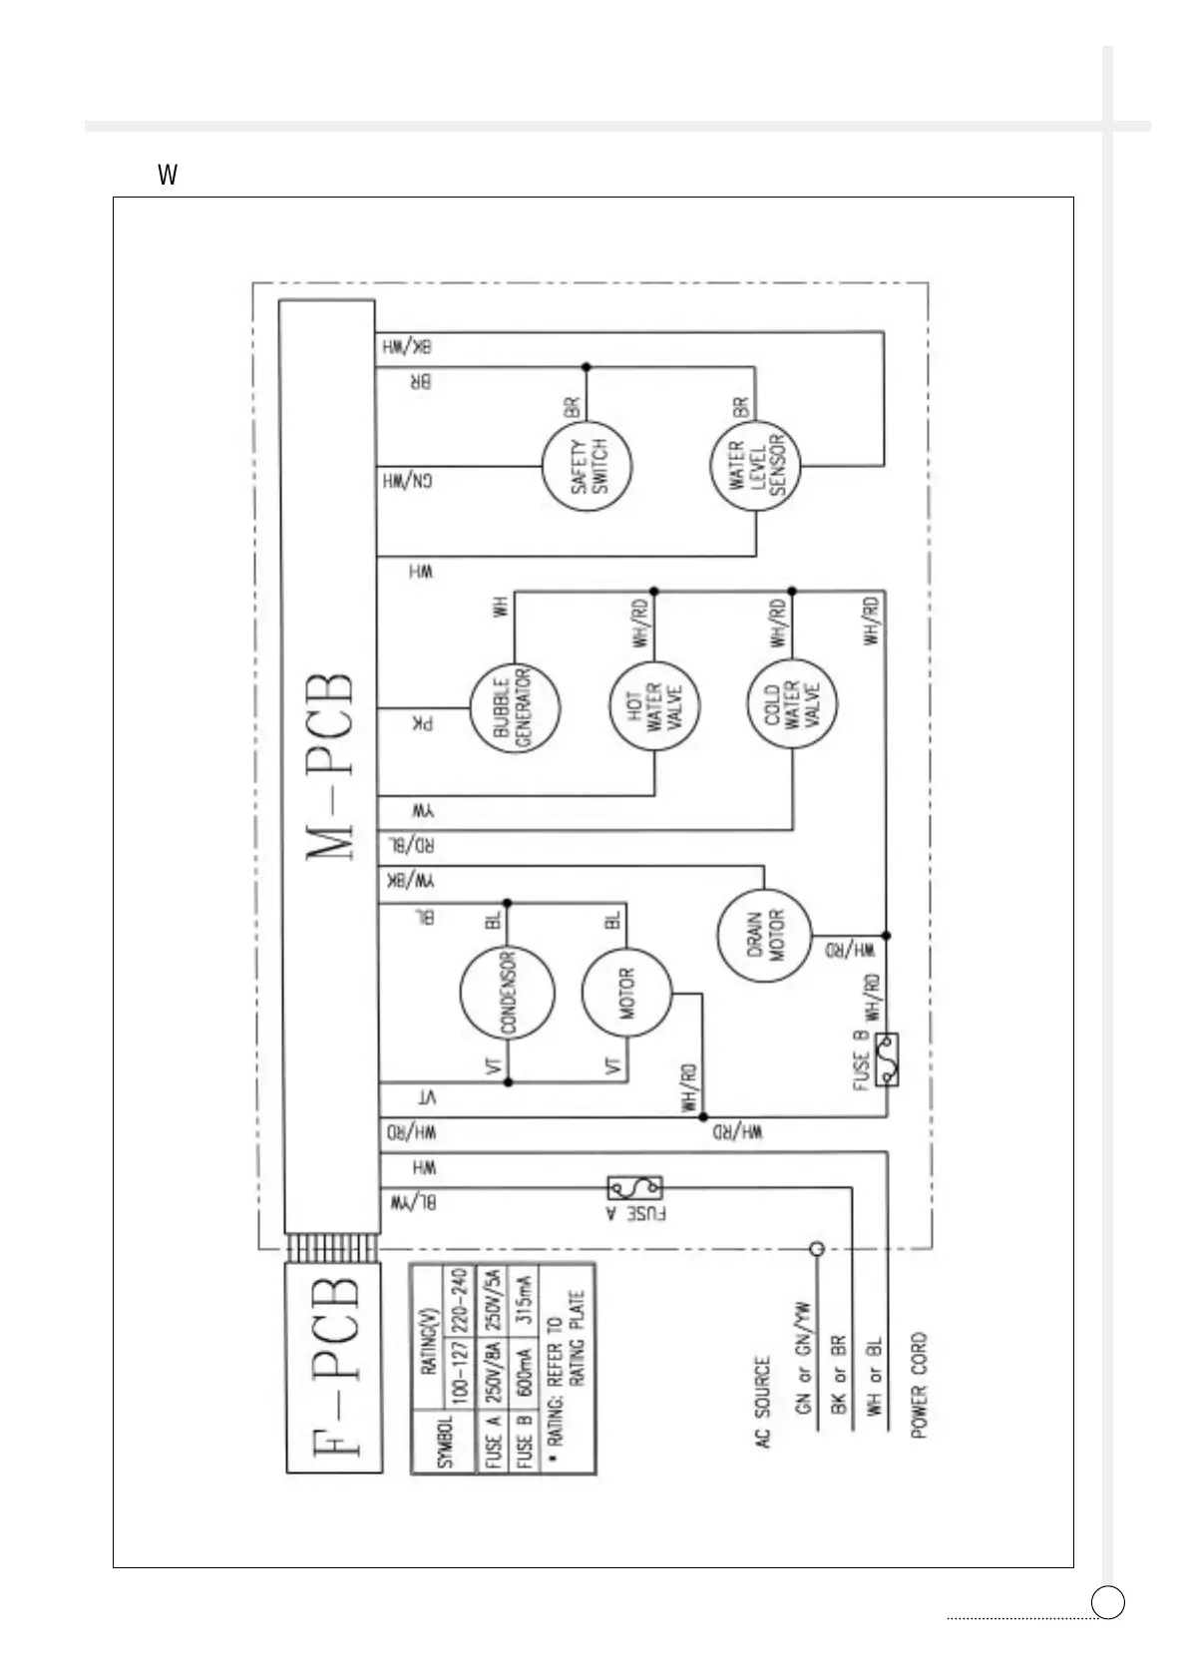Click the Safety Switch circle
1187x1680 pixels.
pyautogui.click(x=588, y=466)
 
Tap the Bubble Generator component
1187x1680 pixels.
pyautogui.click(x=514, y=708)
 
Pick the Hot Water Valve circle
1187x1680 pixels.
pyautogui.click(x=654, y=708)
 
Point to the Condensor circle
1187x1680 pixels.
pyautogui.click(x=507, y=993)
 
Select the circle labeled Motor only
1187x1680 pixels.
pyautogui.click(x=626, y=993)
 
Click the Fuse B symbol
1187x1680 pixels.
pyautogui.click(x=886, y=1059)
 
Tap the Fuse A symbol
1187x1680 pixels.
pyautogui.click(x=634, y=1188)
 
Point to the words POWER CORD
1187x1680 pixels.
pyautogui.click(x=919, y=1385)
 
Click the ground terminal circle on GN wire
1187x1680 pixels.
pyautogui.click(x=816, y=1248)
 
